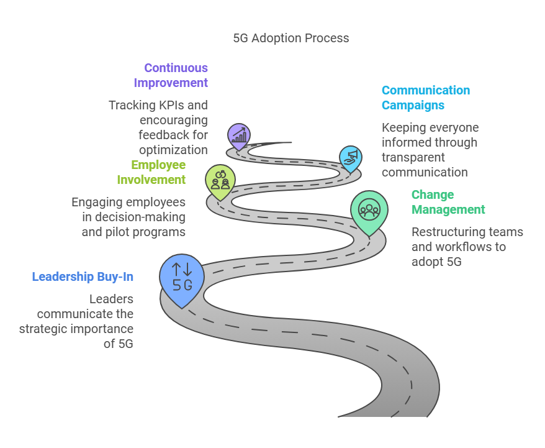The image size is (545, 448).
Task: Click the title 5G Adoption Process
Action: (x=291, y=38)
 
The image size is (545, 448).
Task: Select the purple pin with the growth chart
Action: (x=239, y=136)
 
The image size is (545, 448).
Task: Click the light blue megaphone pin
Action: (x=350, y=159)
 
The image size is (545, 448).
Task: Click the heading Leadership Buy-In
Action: (x=83, y=277)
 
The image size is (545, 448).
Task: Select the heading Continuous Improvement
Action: (x=171, y=75)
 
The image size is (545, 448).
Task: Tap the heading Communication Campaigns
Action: (x=426, y=98)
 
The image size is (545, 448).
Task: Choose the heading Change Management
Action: (x=448, y=202)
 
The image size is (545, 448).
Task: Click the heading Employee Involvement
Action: (x=151, y=172)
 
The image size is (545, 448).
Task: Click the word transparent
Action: (x=413, y=157)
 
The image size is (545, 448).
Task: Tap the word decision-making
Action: (x=140, y=217)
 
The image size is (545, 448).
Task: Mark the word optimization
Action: (x=173, y=150)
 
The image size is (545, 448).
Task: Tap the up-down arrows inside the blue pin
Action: (x=182, y=269)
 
